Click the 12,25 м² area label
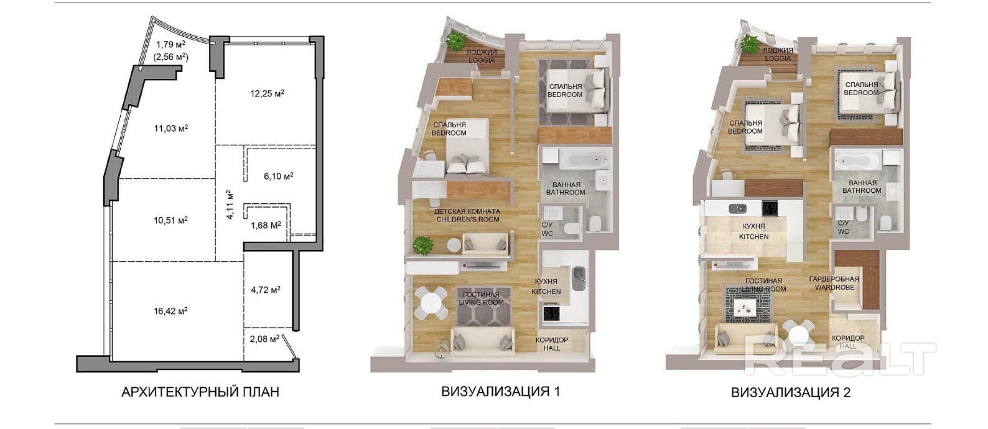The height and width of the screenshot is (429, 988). pyautogui.click(x=268, y=93)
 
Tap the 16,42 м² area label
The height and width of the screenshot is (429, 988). pyautogui.click(x=170, y=311)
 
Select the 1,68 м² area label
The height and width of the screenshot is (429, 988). pyautogui.click(x=266, y=225)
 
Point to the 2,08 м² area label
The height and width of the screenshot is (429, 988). pyautogui.click(x=264, y=339)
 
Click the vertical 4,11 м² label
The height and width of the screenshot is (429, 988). pyautogui.click(x=229, y=205)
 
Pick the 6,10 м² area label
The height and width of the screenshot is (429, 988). pyautogui.click(x=279, y=177)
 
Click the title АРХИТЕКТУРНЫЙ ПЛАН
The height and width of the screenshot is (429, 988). pyautogui.click(x=200, y=392)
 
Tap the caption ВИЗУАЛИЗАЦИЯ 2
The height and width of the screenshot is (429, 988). pyautogui.click(x=791, y=392)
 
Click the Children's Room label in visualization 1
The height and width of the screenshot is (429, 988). pyautogui.click(x=467, y=215)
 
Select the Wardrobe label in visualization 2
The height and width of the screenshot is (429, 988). pyautogui.click(x=834, y=283)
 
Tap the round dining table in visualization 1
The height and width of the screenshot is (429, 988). pyautogui.click(x=430, y=303)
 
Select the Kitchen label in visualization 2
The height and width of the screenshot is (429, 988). pyautogui.click(x=754, y=231)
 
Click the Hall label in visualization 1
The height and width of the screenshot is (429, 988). pyautogui.click(x=552, y=344)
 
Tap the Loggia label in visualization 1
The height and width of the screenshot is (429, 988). pyautogui.click(x=482, y=57)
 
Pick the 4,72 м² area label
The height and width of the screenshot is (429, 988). pyautogui.click(x=266, y=290)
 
